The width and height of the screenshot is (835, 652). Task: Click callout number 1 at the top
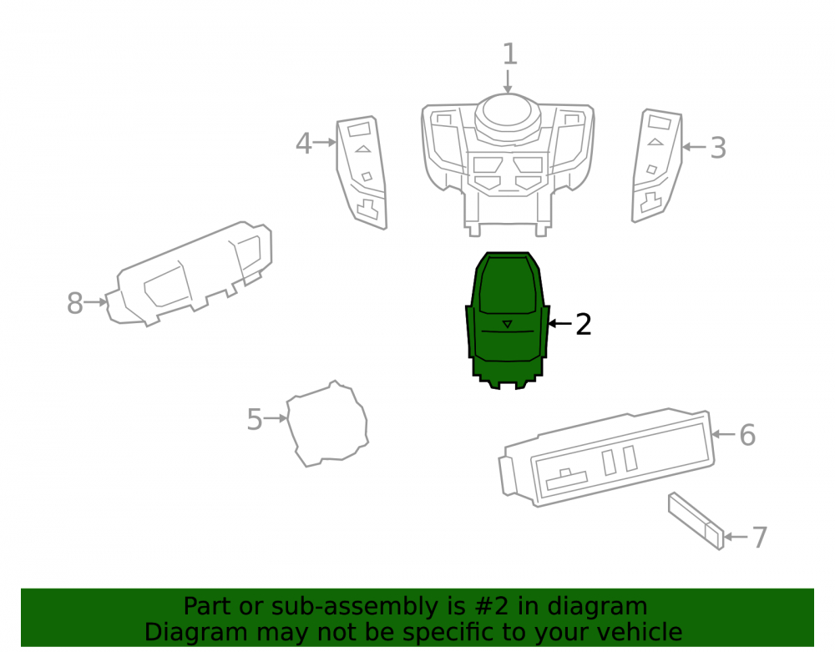coord(509,54)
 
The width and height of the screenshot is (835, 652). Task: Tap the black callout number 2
coord(584,324)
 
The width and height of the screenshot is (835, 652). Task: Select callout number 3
coord(718,148)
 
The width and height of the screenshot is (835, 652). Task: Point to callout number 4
coord(304,144)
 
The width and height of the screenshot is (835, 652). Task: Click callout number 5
coord(255,419)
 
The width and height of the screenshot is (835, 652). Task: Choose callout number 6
coord(747,435)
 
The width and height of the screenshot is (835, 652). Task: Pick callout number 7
coord(760,538)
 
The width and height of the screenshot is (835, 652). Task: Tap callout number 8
coord(74,303)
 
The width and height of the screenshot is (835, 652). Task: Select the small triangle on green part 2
coord(508,324)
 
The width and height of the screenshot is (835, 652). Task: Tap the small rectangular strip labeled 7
coord(696,521)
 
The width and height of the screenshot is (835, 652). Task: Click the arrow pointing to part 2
coord(559,323)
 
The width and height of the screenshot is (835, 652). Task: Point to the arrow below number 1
coord(508,82)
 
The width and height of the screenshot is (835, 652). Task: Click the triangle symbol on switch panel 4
coord(363,149)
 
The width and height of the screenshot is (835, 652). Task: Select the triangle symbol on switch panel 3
coord(655,142)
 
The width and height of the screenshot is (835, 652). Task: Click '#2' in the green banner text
coord(490,606)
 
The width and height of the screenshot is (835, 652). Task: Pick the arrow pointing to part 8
coord(96,302)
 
